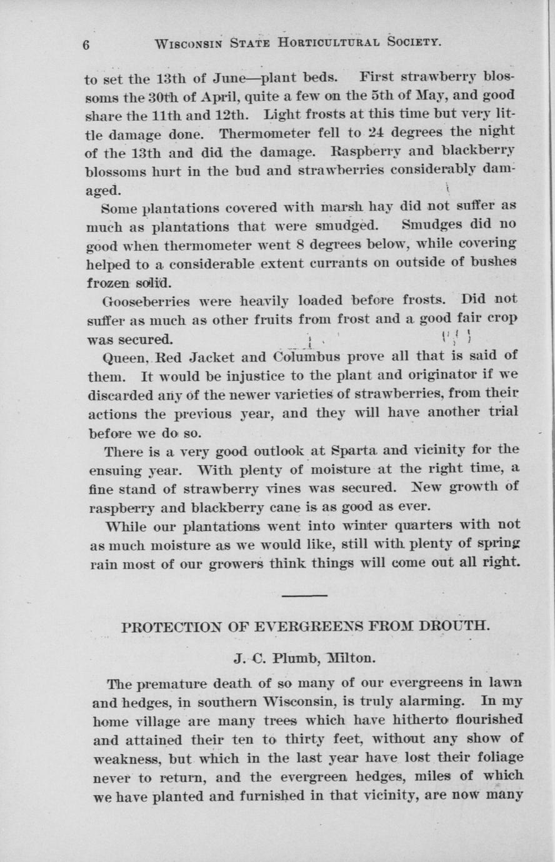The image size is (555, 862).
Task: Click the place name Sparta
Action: pos(354,450)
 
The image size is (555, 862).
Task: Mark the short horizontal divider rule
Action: pos(304,595)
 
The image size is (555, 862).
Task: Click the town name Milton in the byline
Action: pos(351,657)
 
